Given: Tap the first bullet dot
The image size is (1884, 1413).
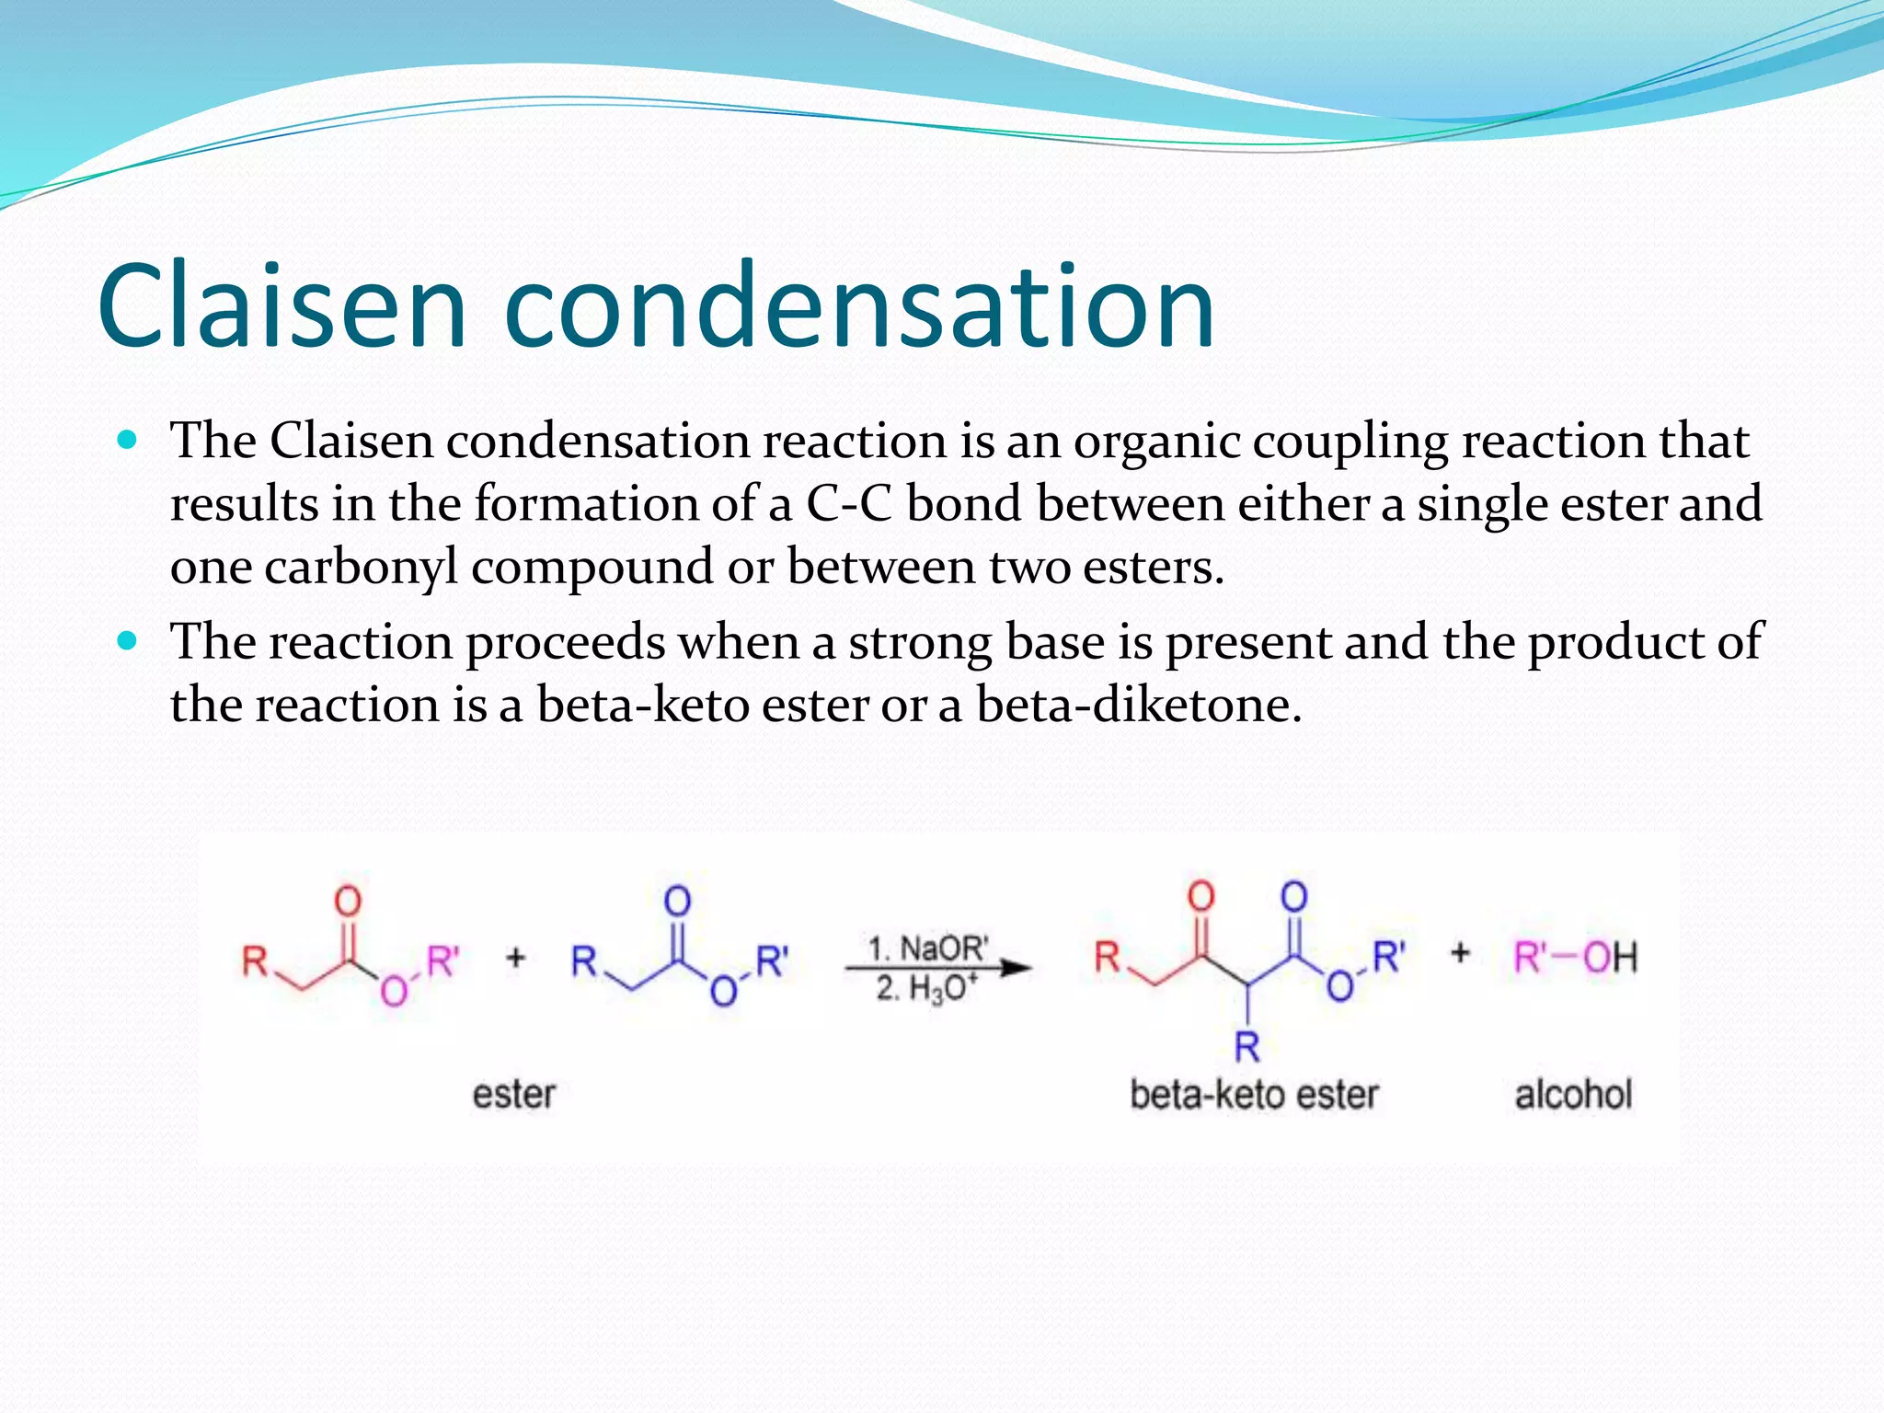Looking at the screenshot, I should point(128,440).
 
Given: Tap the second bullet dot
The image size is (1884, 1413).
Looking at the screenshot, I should point(128,640).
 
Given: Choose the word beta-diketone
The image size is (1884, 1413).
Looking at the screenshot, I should point(1139,705).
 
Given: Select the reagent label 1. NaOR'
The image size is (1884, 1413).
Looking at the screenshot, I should point(928,948).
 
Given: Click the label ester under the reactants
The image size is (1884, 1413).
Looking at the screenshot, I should point(513,1095).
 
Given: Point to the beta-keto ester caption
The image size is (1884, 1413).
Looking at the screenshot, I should point(1254,1095).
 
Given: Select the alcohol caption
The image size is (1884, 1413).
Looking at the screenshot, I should point(1573,1095).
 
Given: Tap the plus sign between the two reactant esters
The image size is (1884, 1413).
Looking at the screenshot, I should point(516,958).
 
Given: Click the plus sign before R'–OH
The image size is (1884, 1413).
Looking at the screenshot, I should point(1460,953).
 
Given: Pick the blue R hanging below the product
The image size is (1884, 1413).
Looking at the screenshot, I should point(1246,1046).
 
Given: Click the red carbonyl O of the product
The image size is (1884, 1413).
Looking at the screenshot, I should point(1200,895).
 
